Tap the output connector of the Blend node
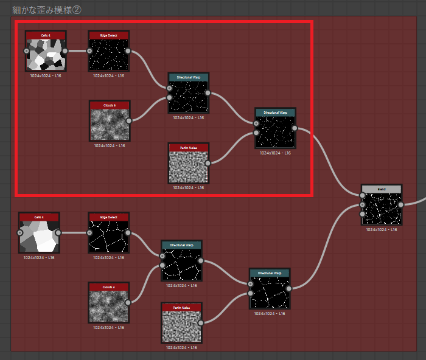point(401,204)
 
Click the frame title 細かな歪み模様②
point(46,9)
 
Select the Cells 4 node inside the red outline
point(46,54)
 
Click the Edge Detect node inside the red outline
point(109,54)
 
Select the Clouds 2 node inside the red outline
point(110,124)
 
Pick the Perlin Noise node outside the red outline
point(181,325)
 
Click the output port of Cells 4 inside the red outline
point(65,51)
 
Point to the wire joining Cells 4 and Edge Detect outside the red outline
point(74,232)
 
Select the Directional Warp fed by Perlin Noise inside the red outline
point(276,131)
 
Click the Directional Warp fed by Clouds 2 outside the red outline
point(181,263)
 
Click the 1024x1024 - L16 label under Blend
point(382,230)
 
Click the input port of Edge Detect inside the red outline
point(91,51)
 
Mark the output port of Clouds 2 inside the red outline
point(129,120)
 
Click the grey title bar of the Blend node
point(382,189)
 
